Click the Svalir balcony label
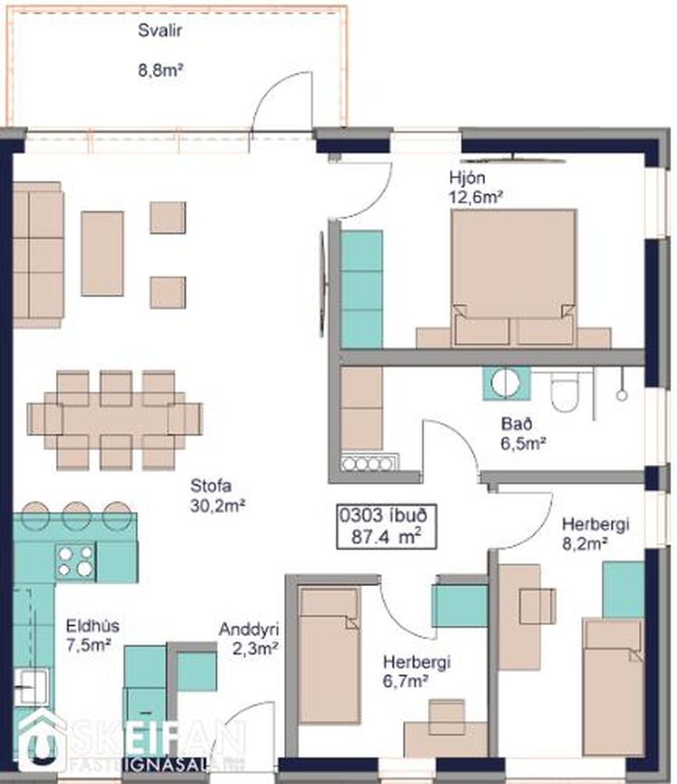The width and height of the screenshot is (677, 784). [159, 31]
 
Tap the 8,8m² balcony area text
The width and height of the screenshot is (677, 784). [160, 70]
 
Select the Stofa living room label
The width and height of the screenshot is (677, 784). [211, 486]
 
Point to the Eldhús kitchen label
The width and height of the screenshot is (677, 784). [92, 626]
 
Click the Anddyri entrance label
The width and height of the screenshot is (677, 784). [249, 629]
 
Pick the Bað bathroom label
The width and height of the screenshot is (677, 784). [517, 424]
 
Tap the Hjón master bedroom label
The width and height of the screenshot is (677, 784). [467, 178]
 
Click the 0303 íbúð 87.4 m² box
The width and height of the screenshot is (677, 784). [386, 526]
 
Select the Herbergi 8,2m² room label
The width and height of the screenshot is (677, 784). [595, 534]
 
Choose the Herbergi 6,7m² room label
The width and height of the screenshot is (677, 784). [417, 672]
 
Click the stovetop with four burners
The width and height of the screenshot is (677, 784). [75, 561]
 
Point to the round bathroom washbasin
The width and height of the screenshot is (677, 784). [506, 383]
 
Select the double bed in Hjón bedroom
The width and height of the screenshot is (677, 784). [513, 279]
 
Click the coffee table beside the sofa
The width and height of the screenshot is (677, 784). [102, 253]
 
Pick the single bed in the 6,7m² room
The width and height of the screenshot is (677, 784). [329, 656]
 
